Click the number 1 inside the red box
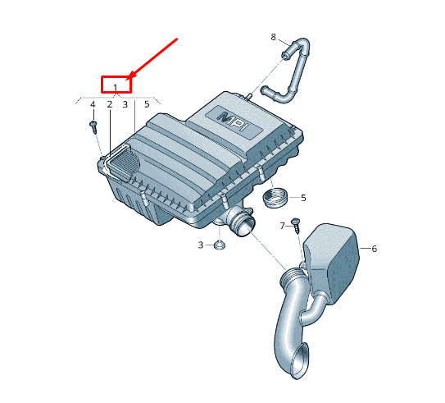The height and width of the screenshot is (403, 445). [x=116, y=88]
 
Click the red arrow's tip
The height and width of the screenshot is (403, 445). [x=129, y=78]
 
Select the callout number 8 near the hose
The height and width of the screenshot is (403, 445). [x=273, y=37]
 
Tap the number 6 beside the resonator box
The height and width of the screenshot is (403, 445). [x=375, y=249]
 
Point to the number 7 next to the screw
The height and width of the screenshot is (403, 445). [x=282, y=226]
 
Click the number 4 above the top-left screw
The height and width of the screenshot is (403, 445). [x=93, y=104]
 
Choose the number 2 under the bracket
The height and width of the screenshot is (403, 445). [x=110, y=104]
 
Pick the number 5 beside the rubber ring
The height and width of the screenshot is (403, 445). [x=303, y=198]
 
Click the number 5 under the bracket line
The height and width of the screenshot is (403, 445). [x=147, y=104]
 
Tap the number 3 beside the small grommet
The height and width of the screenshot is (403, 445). [x=201, y=245]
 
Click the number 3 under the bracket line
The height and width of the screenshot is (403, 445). [x=125, y=104]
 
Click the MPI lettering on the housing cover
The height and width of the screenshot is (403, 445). [x=234, y=121]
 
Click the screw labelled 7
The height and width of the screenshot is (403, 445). [x=297, y=226]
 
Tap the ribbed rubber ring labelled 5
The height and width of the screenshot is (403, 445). [x=275, y=197]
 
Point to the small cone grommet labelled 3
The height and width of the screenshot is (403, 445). [x=220, y=245]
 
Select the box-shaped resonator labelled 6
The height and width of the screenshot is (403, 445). [x=330, y=263]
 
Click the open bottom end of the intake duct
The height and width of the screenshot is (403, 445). [x=300, y=361]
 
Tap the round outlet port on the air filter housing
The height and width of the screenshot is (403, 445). [x=245, y=225]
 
